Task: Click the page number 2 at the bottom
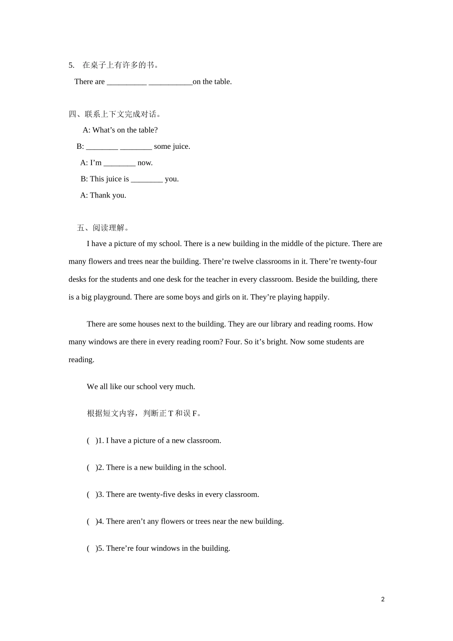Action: (x=382, y=600)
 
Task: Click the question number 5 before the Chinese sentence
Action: (x=72, y=65)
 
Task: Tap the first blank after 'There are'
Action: (x=126, y=83)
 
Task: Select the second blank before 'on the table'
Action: (x=170, y=83)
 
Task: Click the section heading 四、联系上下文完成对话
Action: (x=115, y=114)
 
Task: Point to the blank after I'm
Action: (x=119, y=164)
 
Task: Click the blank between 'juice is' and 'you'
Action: (x=147, y=180)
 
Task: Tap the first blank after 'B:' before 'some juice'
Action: (x=102, y=147)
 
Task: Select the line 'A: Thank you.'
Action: (x=103, y=195)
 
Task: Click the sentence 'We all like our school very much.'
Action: (x=141, y=386)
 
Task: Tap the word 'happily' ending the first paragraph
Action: (x=315, y=297)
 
